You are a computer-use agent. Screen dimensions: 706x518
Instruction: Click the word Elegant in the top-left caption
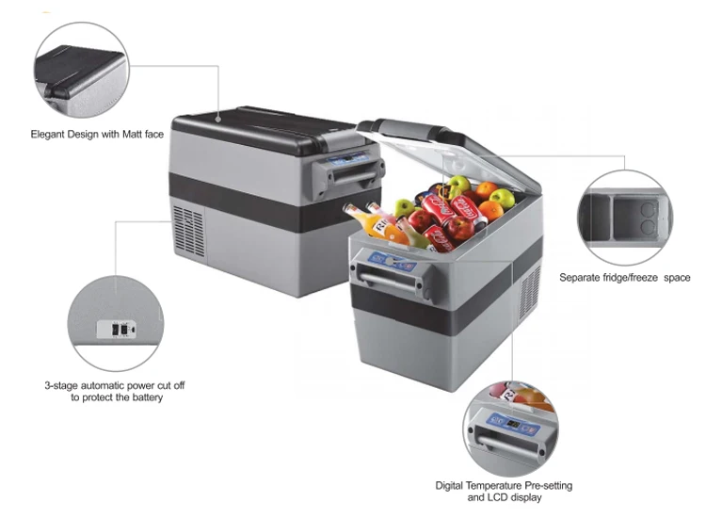pos(49,135)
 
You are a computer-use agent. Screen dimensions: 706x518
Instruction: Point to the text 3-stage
pos(61,385)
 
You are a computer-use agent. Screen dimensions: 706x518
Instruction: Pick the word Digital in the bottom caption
pos(452,485)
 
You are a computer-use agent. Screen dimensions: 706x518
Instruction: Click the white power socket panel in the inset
pos(117,329)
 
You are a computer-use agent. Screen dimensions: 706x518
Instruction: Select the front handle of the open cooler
pos(386,276)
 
